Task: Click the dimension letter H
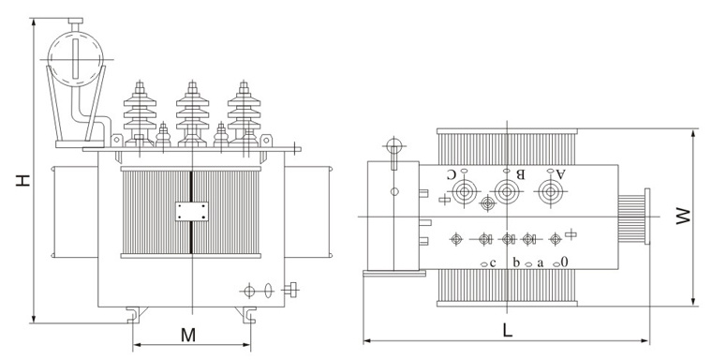pos(22,180)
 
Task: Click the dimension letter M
pos(188,335)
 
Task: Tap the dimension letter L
pos(508,330)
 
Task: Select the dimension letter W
pos(682,217)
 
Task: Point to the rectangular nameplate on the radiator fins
pos(192,211)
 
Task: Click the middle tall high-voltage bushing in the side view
pos(193,113)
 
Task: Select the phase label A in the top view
pos(561,173)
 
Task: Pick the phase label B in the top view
pos(520,173)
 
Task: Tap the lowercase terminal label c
pos(493,262)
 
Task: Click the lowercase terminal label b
pos(516,262)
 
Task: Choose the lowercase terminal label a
pos(541,262)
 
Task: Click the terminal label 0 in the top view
pos(564,262)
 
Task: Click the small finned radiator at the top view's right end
pos(634,217)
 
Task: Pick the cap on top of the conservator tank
pos(75,21)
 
